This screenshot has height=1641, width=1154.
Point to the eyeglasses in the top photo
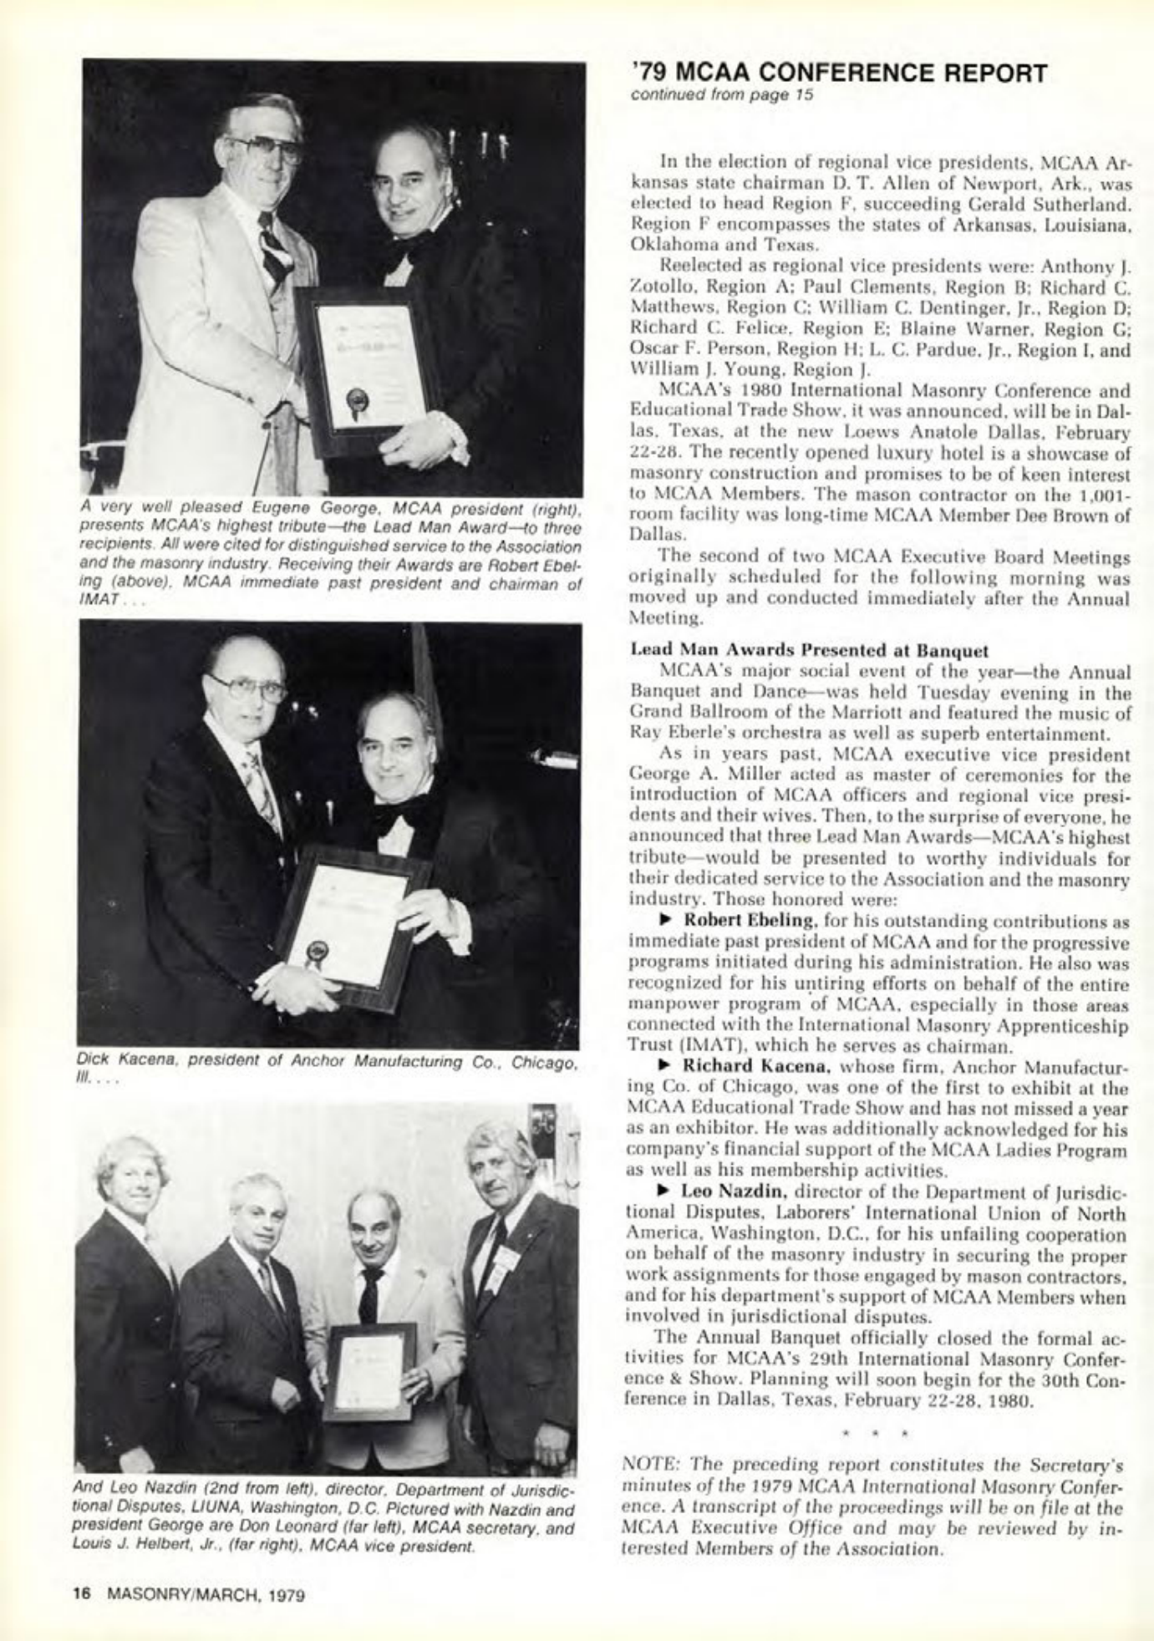point(266,148)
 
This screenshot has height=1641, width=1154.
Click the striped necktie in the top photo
point(273,245)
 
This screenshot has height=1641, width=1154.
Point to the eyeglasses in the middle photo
point(248,687)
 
